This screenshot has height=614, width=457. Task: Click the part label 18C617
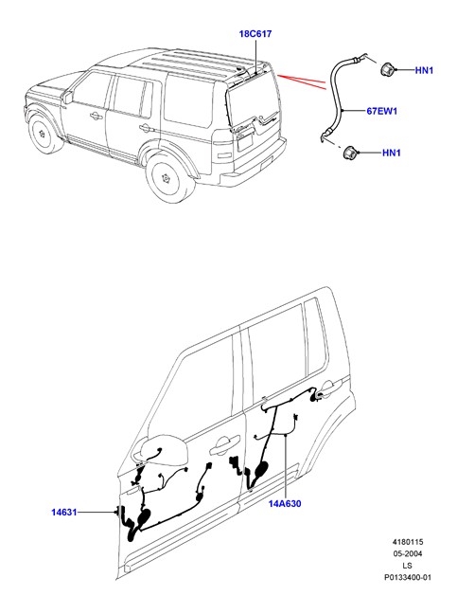pyautogui.click(x=255, y=34)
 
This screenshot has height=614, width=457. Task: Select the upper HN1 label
pyautogui.click(x=424, y=70)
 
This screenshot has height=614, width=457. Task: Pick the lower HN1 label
pyautogui.click(x=392, y=153)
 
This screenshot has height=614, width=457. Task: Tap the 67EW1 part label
pyautogui.click(x=381, y=111)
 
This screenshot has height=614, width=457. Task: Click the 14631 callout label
pyautogui.click(x=64, y=513)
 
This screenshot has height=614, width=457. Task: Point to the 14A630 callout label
pyautogui.click(x=285, y=504)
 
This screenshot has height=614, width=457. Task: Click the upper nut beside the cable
pyautogui.click(x=387, y=70)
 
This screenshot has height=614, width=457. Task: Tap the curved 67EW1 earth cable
pyautogui.click(x=336, y=98)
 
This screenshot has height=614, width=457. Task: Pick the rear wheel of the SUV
pyautogui.click(x=168, y=178)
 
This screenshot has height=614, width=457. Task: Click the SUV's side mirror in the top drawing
pyautogui.click(x=68, y=97)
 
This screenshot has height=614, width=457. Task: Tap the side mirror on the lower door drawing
pyautogui.click(x=160, y=449)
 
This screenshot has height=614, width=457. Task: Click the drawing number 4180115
pyautogui.click(x=408, y=542)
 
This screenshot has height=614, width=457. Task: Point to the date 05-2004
pyautogui.click(x=408, y=553)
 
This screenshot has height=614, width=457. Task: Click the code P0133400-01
pyautogui.click(x=408, y=577)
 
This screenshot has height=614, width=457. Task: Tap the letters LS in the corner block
pyautogui.click(x=408, y=566)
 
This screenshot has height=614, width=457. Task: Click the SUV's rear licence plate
pyautogui.click(x=245, y=143)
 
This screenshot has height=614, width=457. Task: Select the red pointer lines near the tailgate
pyautogui.click(x=302, y=81)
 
